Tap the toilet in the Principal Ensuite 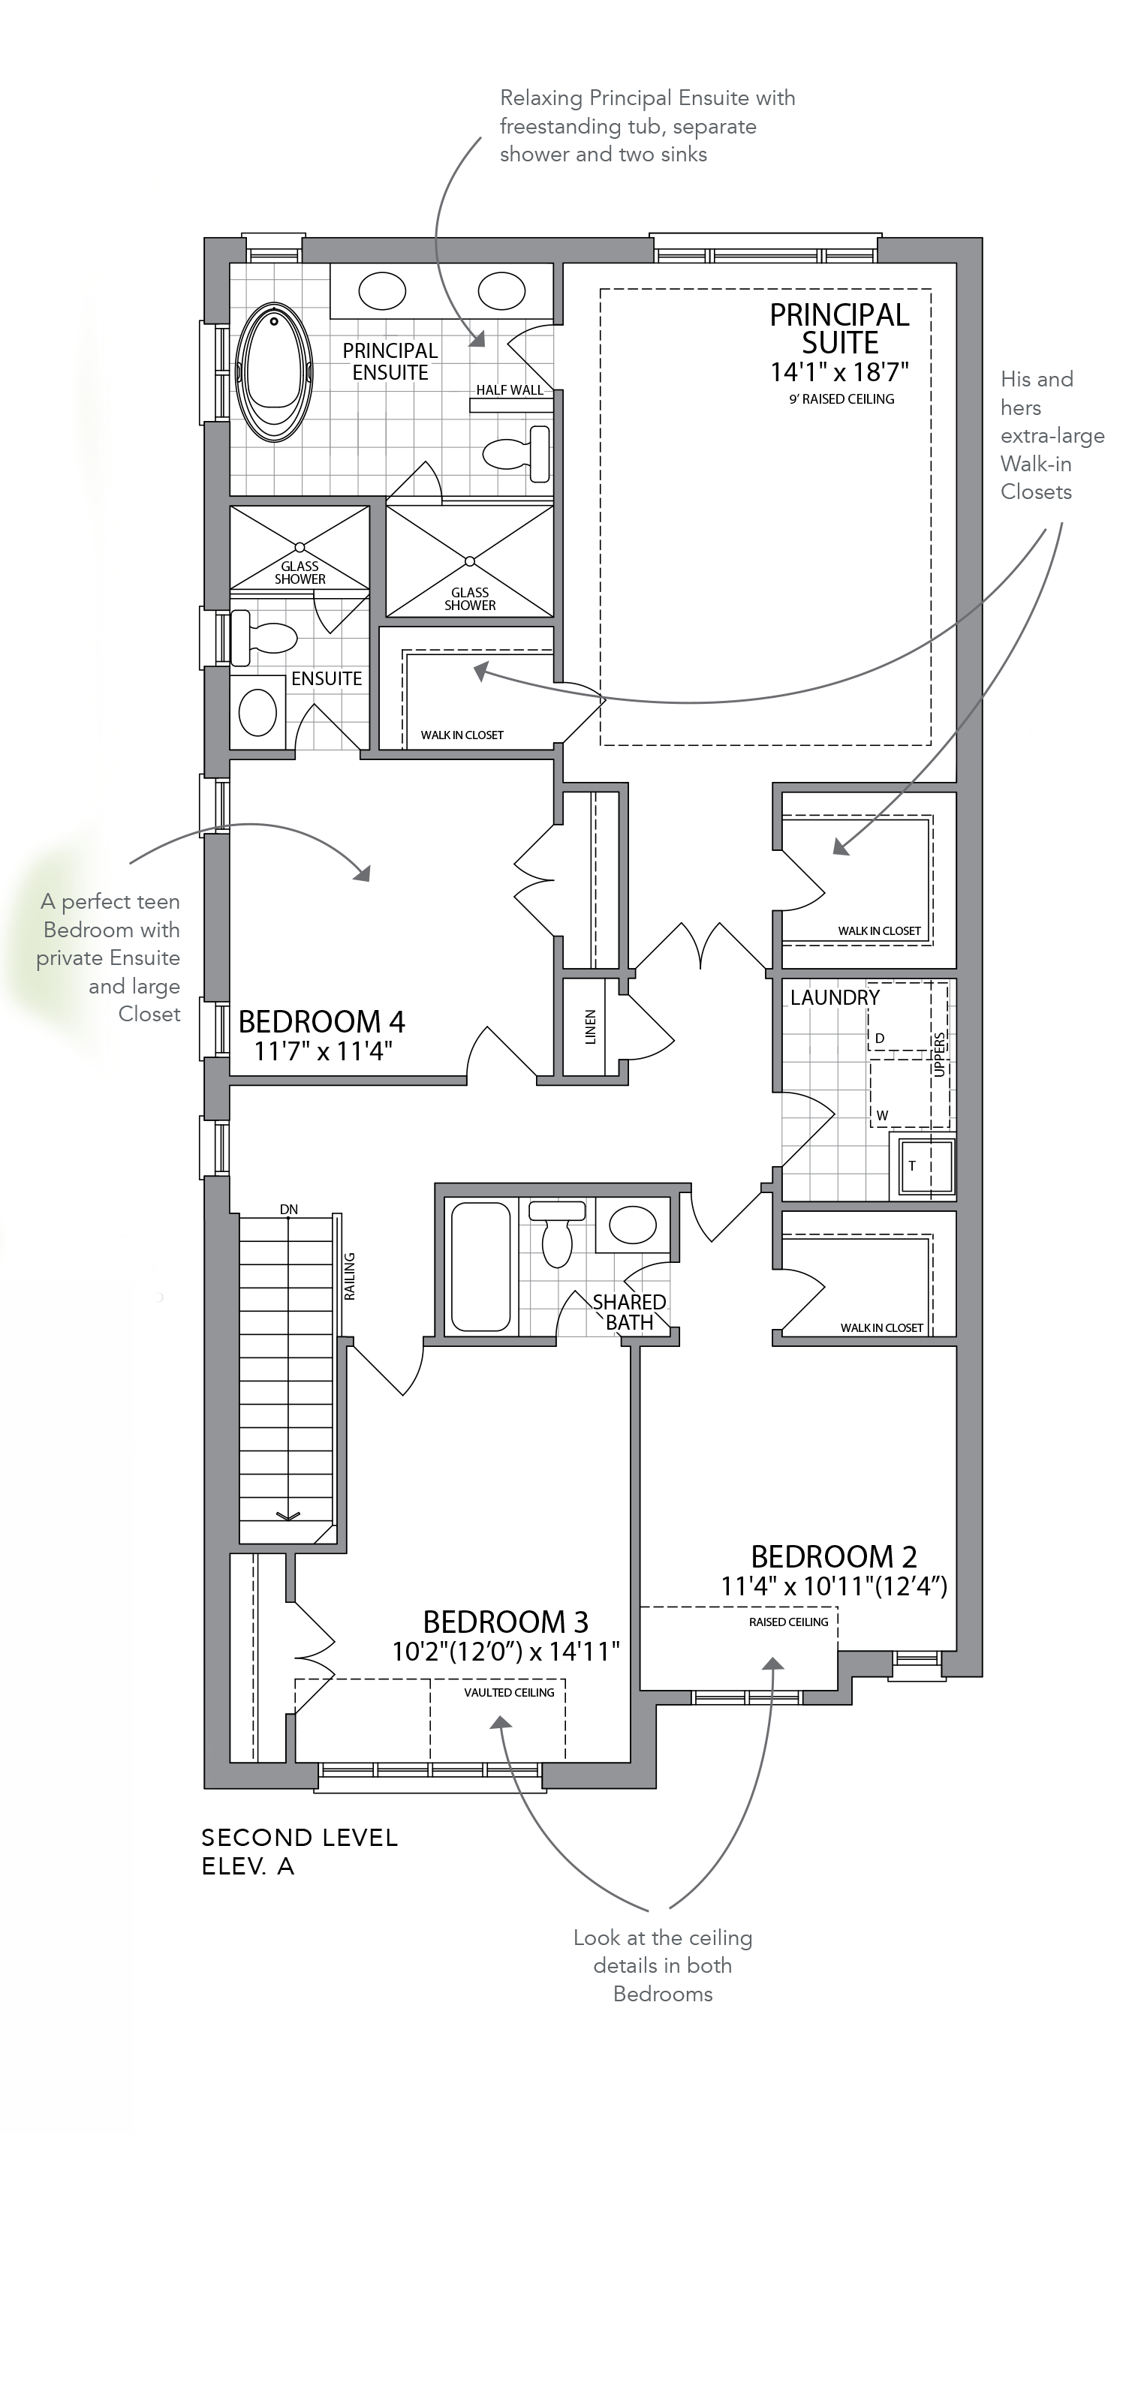pos(516,453)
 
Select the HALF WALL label pos(509,389)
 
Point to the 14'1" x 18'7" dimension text pos(839,372)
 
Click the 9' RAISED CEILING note pos(841,399)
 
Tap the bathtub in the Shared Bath pos(480,1265)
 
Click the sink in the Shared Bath pos(632,1225)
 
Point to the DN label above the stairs pos(289,1210)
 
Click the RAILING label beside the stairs pos(350,1276)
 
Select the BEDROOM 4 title pos(322,1022)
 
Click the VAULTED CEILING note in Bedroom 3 pos(509,1692)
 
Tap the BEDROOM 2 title pos(834,1556)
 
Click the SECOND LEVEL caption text pos(300,1838)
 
